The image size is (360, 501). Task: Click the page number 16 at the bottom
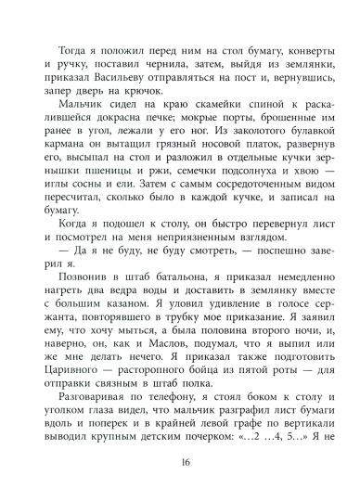180,463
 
